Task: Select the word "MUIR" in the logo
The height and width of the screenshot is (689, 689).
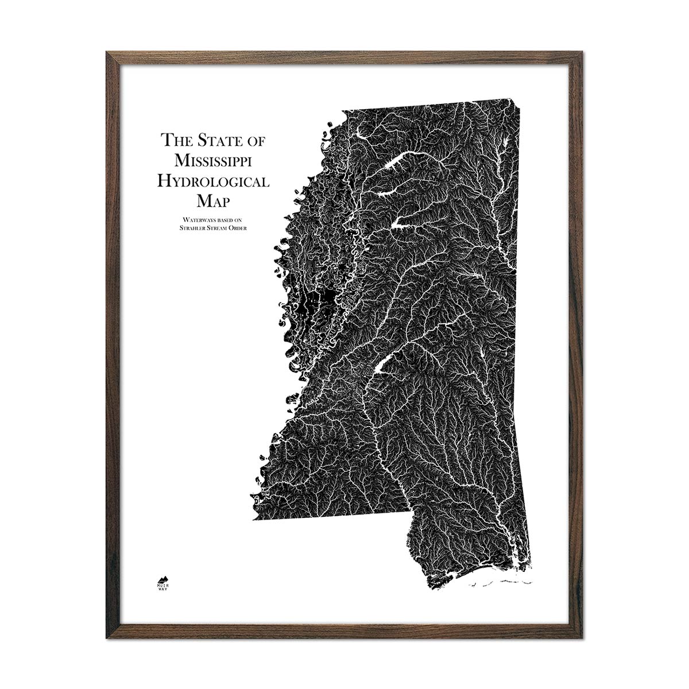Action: [x=164, y=586]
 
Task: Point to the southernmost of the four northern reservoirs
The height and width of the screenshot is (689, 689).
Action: [x=402, y=223]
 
